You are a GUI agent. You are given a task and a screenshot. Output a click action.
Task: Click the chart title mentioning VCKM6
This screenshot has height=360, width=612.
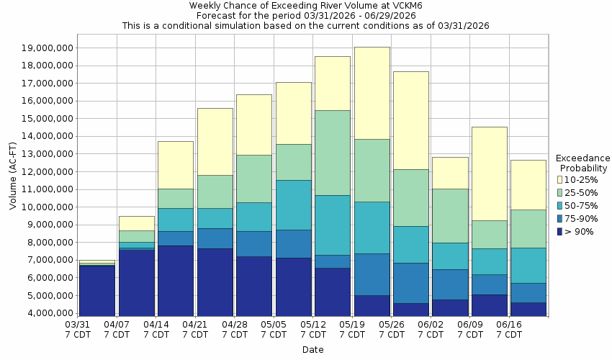[305, 5]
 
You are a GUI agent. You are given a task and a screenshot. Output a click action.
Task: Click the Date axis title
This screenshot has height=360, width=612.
[312, 350]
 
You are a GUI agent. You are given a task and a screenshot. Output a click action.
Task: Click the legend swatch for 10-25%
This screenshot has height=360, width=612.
[560, 179]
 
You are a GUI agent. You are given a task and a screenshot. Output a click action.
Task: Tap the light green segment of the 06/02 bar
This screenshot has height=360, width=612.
[450, 216]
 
